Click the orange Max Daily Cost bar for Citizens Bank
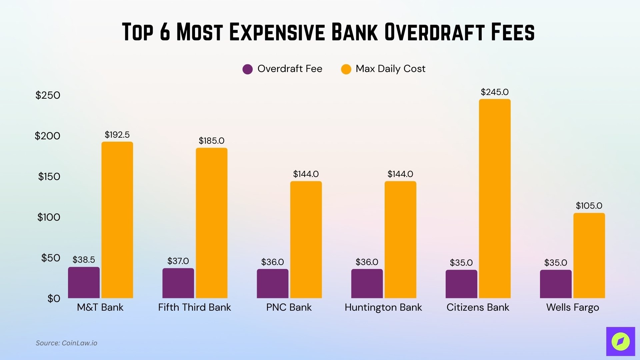pyautogui.click(x=495, y=199)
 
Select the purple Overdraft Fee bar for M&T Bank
pyautogui.click(x=84, y=283)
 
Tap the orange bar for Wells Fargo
pyautogui.click(x=589, y=256)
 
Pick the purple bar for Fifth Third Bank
pyautogui.click(x=178, y=283)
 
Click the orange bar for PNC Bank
pyautogui.click(x=306, y=240)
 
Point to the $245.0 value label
pyautogui.click(x=495, y=92)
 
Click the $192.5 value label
pyautogui.click(x=117, y=135)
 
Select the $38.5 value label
pyautogui.click(x=84, y=260)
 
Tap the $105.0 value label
pyautogui.click(x=589, y=206)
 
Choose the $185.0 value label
pyautogui.click(x=211, y=141)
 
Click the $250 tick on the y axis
pyautogui.click(x=48, y=95)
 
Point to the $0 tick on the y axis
pyautogui.click(x=54, y=298)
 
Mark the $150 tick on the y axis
pyautogui.click(x=49, y=177)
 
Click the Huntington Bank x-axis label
pyautogui.click(x=383, y=307)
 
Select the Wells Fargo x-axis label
pyautogui.click(x=572, y=307)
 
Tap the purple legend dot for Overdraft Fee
pyautogui.click(x=248, y=69)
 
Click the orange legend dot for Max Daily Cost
pyautogui.click(x=346, y=69)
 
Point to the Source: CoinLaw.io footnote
pyautogui.click(x=66, y=343)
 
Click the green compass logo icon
pyautogui.click(x=620, y=341)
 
